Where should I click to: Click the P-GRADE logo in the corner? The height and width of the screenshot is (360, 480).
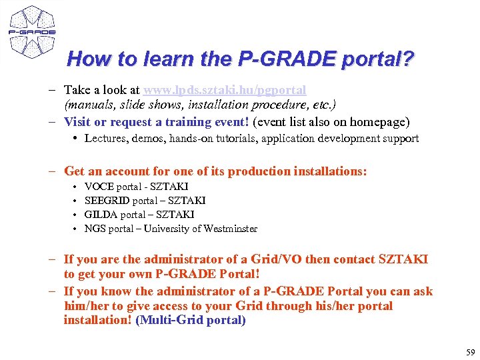pyautogui.click(x=31, y=31)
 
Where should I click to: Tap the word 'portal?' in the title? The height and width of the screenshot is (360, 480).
pyautogui.click(x=378, y=59)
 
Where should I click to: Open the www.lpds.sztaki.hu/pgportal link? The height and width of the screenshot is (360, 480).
pyautogui.click(x=225, y=89)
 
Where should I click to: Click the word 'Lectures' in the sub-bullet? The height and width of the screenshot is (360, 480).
pyautogui.click(x=105, y=139)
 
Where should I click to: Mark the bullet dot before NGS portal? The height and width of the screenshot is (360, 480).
pyautogui.click(x=76, y=229)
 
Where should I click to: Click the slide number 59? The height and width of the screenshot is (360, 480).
pyautogui.click(x=469, y=351)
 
